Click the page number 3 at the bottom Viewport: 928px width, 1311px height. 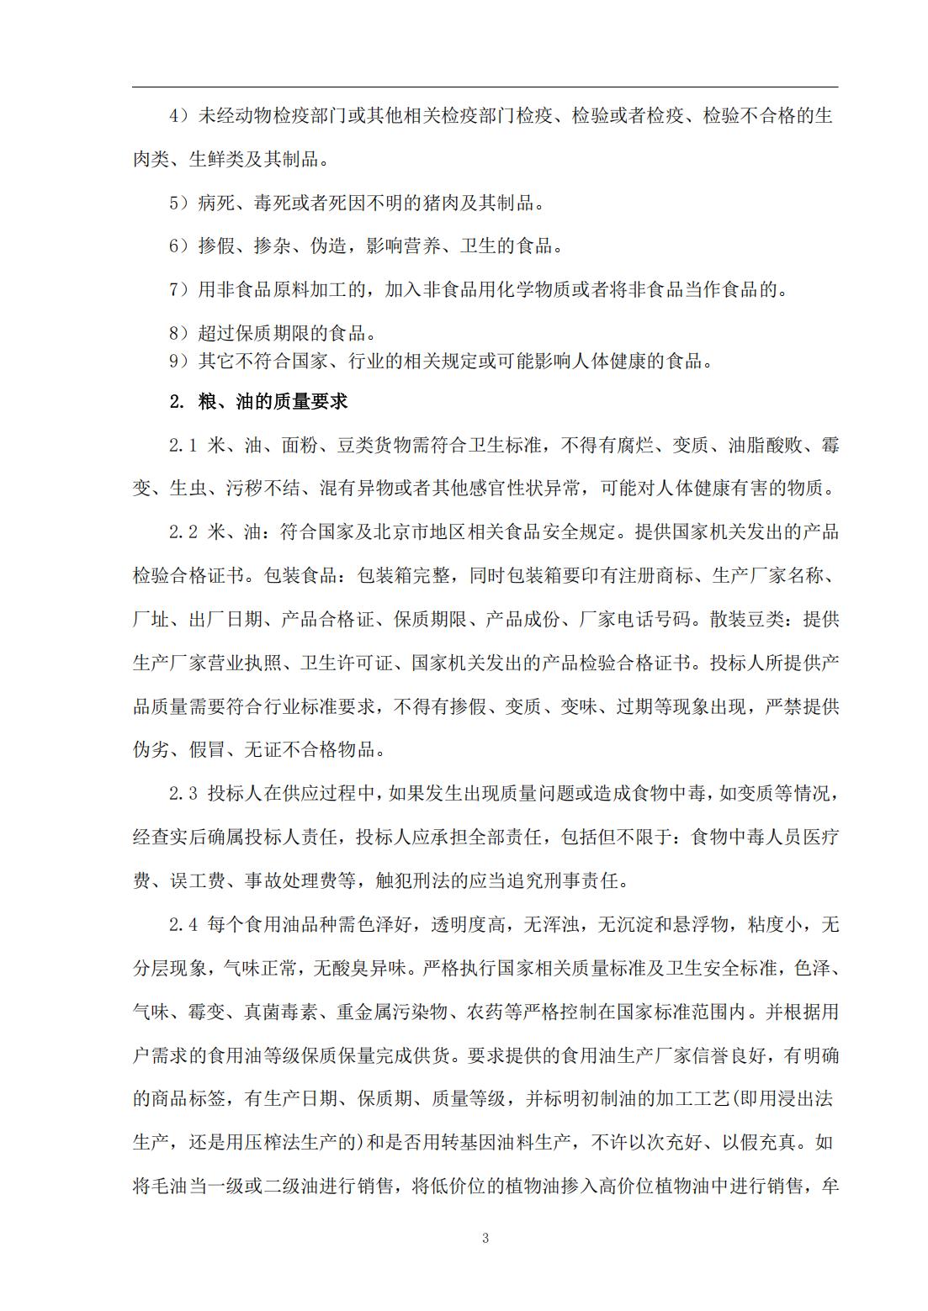pyautogui.click(x=485, y=1238)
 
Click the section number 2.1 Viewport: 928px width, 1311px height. pyautogui.click(x=183, y=445)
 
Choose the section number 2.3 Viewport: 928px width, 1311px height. pyautogui.click(x=183, y=793)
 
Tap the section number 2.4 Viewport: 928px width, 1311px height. pyautogui.click(x=183, y=925)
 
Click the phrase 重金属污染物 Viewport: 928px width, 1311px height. pyautogui.click(x=391, y=1012)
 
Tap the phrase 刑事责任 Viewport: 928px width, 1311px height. pyautogui.click(x=581, y=881)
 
